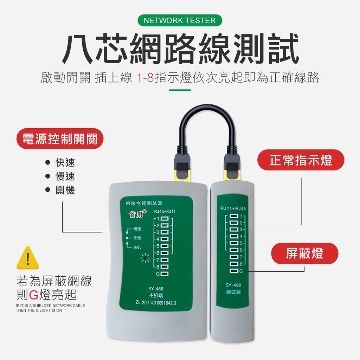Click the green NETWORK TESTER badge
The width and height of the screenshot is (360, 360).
tap(180, 20)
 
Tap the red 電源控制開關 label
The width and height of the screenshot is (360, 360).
tap(60, 139)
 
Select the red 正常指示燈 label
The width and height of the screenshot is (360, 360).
tap(301, 160)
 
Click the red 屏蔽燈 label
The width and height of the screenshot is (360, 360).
tap(305, 253)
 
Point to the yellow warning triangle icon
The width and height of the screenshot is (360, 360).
tap(28, 258)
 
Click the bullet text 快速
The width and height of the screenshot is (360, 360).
tap(65, 162)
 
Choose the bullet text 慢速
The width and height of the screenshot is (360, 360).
tap(65, 176)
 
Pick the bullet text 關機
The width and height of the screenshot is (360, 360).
tap(65, 190)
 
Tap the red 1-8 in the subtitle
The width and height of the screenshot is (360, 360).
tap(145, 77)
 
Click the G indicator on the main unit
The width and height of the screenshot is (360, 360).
tap(162, 274)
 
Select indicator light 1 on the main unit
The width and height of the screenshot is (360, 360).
tap(165, 218)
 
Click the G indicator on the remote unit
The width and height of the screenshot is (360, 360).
tap(237, 271)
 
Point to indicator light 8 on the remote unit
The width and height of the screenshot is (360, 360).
tap(234, 264)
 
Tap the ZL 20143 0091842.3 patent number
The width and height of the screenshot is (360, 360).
tap(156, 303)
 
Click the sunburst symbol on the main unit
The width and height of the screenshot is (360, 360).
tap(145, 258)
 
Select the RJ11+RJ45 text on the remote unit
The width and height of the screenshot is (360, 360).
tap(233, 208)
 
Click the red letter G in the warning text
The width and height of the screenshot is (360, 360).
tap(33, 295)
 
